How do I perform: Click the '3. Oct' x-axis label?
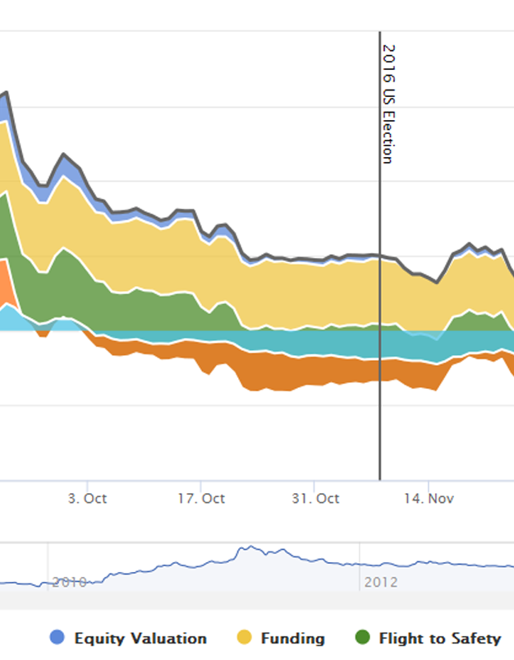coord(87,498)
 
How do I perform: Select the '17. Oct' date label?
coord(201,498)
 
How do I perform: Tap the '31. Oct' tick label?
coord(315,498)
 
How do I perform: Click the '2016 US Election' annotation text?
coord(388,104)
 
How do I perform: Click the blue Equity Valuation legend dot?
coord(57,638)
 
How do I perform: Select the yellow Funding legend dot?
coord(244,638)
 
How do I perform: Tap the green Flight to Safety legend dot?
coord(362,638)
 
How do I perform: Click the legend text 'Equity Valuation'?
coord(140,638)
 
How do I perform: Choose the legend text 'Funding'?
coord(292,638)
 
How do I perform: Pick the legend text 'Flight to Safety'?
coord(439,638)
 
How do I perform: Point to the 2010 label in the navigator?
coord(70,582)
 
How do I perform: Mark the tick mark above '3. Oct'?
coord(88,484)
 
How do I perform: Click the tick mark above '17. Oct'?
coord(201,484)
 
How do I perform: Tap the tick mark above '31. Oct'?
coord(315,484)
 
